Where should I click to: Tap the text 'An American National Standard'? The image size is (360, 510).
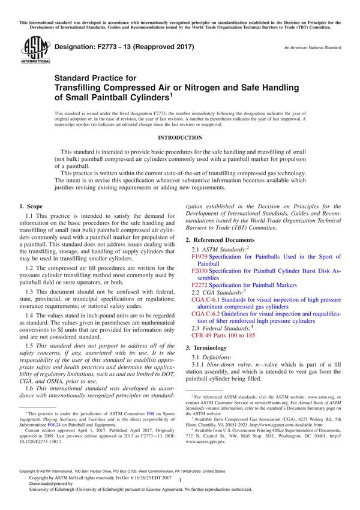312,47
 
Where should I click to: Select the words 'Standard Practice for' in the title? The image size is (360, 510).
95,77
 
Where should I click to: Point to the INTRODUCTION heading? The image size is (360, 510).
180,137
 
